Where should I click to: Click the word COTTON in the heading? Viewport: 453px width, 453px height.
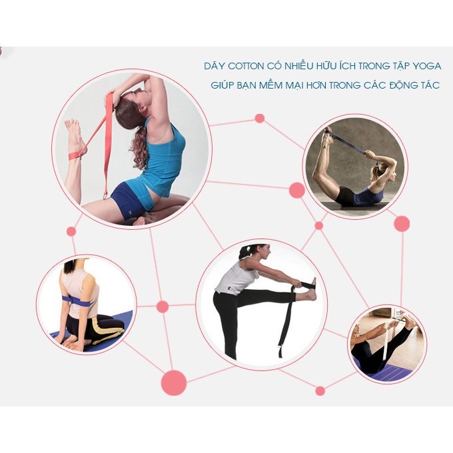246,66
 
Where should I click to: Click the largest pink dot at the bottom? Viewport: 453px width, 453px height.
174,382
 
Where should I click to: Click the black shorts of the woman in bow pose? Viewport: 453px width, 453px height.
346,195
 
